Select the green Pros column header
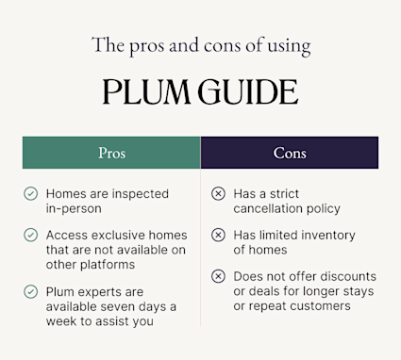click(x=111, y=153)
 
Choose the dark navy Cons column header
click(x=290, y=153)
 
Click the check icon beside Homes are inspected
click(x=31, y=193)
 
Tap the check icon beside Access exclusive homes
click(x=31, y=235)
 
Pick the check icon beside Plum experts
click(x=31, y=291)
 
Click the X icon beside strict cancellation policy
click(x=218, y=193)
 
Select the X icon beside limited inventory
click(x=218, y=235)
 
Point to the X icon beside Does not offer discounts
click(x=218, y=276)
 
